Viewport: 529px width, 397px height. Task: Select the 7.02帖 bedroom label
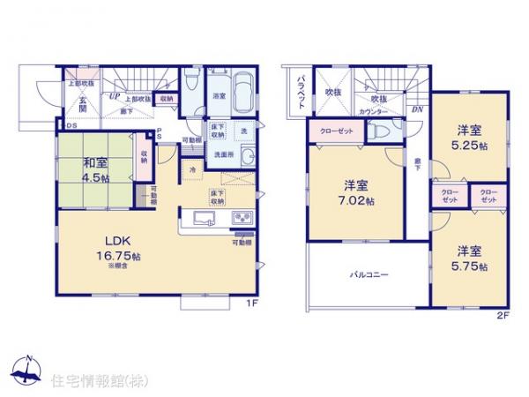click(x=356, y=191)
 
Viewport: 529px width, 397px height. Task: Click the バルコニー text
click(x=369, y=274)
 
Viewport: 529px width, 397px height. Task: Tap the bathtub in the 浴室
click(x=242, y=90)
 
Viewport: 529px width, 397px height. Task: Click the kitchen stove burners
click(x=241, y=219)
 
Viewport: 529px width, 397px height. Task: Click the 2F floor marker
click(x=503, y=313)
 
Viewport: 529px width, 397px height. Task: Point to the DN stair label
click(x=416, y=109)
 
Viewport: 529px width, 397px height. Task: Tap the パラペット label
click(x=300, y=89)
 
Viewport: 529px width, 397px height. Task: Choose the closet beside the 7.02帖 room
click(x=333, y=130)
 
